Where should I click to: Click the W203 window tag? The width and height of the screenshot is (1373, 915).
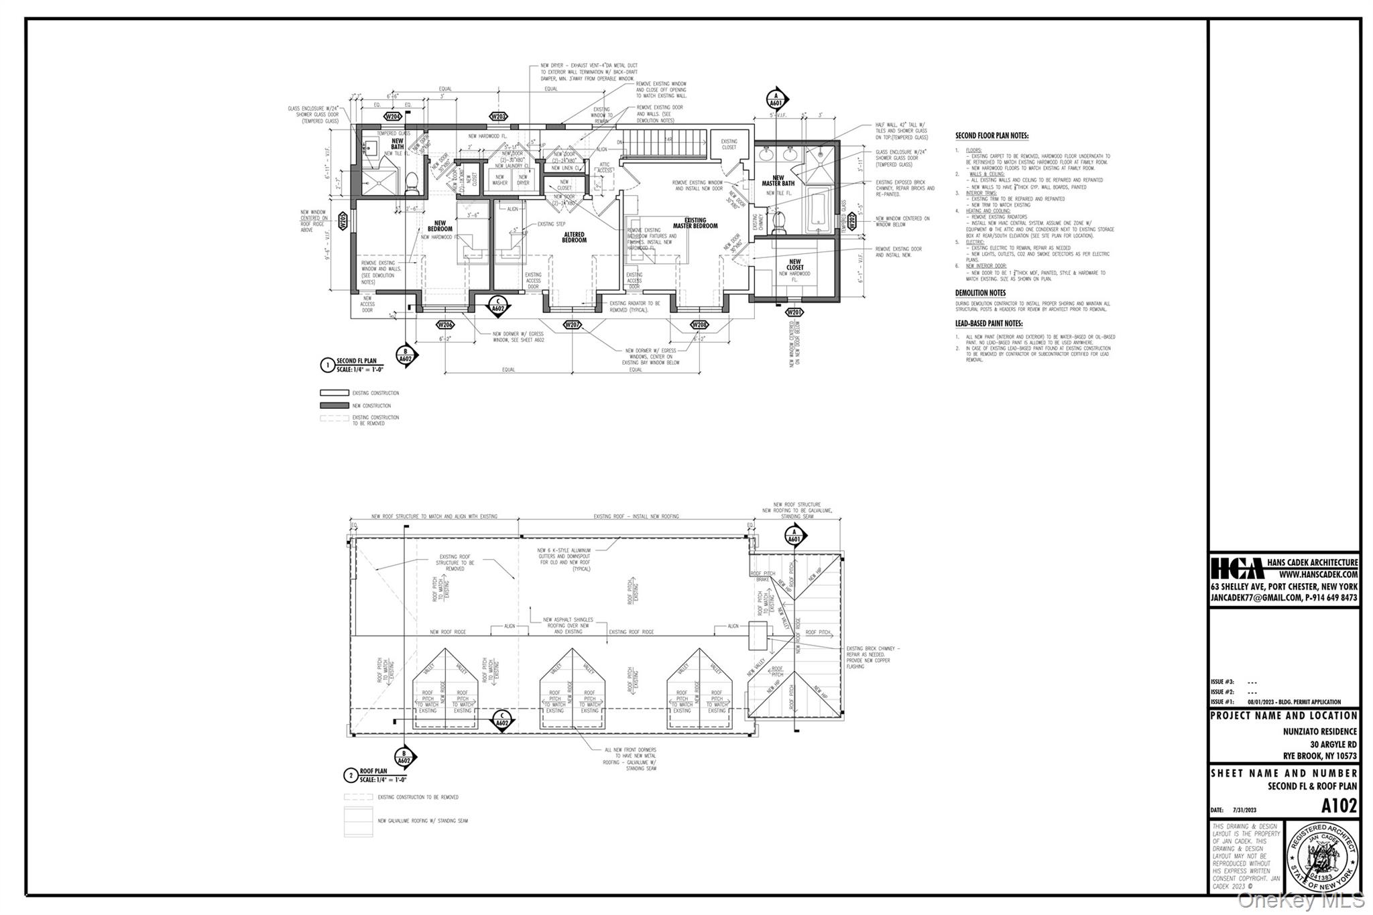pyautogui.click(x=497, y=116)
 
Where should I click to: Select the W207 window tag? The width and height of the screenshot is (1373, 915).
pyautogui.click(x=572, y=324)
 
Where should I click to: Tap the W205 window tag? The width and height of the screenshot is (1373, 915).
pyautogui.click(x=342, y=221)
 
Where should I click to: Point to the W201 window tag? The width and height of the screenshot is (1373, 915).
pyautogui.click(x=794, y=312)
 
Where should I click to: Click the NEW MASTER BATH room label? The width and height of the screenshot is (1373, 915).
pyautogui.click(x=778, y=180)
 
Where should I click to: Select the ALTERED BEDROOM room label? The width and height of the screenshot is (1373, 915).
pyautogui.click(x=574, y=237)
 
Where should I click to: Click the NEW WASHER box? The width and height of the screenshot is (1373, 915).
pyautogui.click(x=500, y=180)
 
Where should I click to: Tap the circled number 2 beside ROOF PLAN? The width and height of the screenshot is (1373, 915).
pyautogui.click(x=350, y=776)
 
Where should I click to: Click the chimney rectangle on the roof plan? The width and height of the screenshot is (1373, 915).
pyautogui.click(x=757, y=635)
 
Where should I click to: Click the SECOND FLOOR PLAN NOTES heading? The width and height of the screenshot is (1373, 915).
pyautogui.click(x=992, y=135)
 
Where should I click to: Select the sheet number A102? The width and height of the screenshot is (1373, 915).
pyautogui.click(x=1339, y=805)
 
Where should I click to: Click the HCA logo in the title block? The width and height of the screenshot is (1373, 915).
pyautogui.click(x=1237, y=568)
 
